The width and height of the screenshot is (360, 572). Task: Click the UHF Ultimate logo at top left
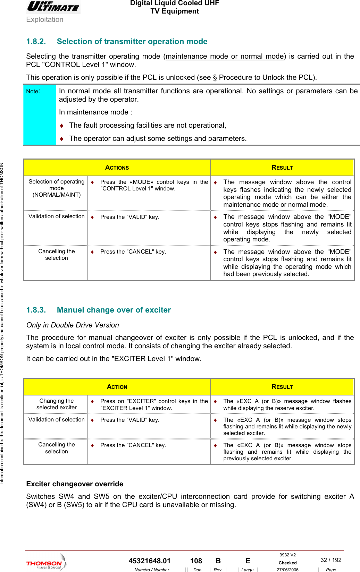pyautogui.click(x=53, y=7)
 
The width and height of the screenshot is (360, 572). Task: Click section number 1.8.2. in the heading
pyautogui.click(x=36, y=42)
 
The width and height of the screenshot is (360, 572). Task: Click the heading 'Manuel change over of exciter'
pyautogui.click(x=114, y=310)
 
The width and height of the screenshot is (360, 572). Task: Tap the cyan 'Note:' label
pyautogui.click(x=33, y=92)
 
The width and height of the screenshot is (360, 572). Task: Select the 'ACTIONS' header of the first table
pyautogui.click(x=117, y=168)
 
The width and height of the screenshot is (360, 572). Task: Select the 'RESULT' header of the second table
pyautogui.click(x=282, y=387)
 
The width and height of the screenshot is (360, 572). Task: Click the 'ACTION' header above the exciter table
pyautogui.click(x=117, y=387)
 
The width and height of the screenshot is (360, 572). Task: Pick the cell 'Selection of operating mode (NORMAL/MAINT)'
pyautogui.click(x=56, y=188)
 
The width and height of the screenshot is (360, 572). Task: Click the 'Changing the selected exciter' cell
pyautogui.click(x=56, y=404)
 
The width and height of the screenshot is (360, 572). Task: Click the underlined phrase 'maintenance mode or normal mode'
pyautogui.click(x=225, y=56)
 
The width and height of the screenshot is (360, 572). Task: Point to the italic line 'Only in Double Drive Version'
pyautogui.click(x=73, y=325)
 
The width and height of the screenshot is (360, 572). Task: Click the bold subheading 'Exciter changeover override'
pyautogui.click(x=75, y=484)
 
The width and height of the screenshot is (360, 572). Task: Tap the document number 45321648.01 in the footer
pyautogui.click(x=149, y=561)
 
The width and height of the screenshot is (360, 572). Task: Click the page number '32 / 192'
pyautogui.click(x=330, y=560)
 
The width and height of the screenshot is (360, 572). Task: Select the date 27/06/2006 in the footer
pyautogui.click(x=287, y=570)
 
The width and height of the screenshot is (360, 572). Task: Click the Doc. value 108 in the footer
pyautogui.click(x=196, y=561)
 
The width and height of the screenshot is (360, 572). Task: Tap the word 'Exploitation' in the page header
pyautogui.click(x=45, y=19)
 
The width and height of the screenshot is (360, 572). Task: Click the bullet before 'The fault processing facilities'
pyautogui.click(x=62, y=126)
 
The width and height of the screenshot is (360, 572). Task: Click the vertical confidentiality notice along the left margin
pyautogui.click(x=2, y=323)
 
